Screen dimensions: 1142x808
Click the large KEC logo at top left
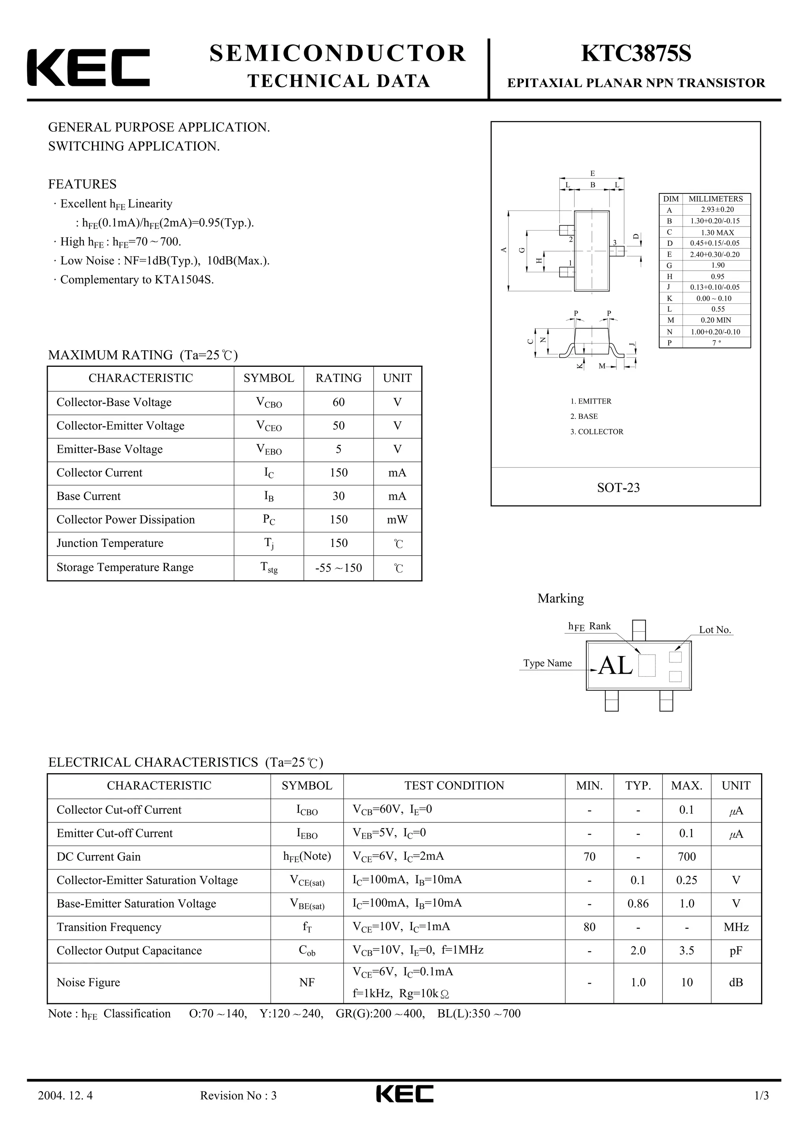coord(88,68)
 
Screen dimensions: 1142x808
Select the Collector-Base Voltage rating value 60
coord(339,402)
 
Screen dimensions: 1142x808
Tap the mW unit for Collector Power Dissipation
coord(397,520)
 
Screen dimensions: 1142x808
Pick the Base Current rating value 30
coord(339,497)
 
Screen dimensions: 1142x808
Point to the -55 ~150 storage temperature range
coord(339,568)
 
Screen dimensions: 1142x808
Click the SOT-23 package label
coord(618,488)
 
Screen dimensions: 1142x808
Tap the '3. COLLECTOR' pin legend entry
coord(597,432)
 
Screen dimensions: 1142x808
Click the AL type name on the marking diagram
coord(615,666)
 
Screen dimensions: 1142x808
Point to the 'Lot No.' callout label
coord(715,630)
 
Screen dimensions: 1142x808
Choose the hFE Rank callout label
coord(589,626)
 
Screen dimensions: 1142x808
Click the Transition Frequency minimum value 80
coord(589,927)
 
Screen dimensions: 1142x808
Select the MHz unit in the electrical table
coord(736,928)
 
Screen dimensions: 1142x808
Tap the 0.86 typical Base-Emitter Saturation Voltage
coord(638,904)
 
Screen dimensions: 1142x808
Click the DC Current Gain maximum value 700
coord(686,857)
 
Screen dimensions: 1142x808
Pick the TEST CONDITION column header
coord(454,786)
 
